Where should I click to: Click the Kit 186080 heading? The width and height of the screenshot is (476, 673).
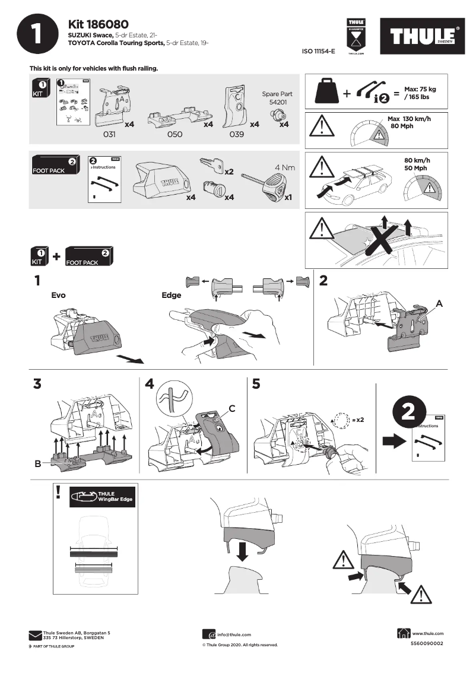[x=98, y=24]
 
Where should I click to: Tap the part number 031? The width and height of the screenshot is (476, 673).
[x=109, y=135]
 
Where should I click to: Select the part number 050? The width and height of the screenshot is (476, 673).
[x=174, y=135]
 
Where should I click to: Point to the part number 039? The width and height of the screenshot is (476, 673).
[x=236, y=135]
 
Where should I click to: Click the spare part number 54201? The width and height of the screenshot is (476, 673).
[x=277, y=103]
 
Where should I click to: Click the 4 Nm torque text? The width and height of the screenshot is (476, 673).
[x=284, y=168]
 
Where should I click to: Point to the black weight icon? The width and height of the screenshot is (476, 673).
[x=328, y=91]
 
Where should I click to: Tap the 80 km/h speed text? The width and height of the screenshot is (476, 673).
[x=417, y=160]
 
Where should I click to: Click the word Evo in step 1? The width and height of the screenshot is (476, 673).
[x=58, y=295]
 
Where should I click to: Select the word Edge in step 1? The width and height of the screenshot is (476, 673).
[x=172, y=295]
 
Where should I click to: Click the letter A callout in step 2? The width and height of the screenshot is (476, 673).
[x=439, y=303]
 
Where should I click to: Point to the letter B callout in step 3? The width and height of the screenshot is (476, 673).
[x=38, y=464]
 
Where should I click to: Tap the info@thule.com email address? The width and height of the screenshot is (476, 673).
[x=234, y=635]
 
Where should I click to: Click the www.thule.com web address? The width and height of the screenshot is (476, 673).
[x=428, y=634]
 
